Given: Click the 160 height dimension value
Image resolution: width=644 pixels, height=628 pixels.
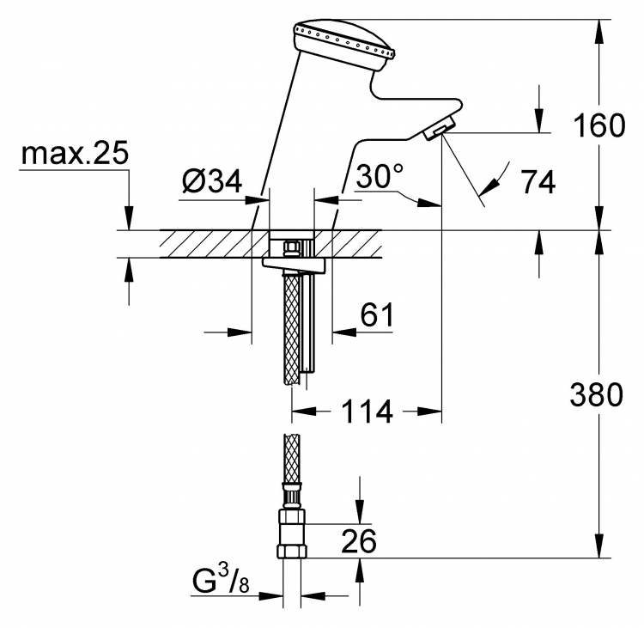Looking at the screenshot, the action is coord(599,125).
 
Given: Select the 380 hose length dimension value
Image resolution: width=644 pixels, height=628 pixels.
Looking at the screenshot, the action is coord(597,394).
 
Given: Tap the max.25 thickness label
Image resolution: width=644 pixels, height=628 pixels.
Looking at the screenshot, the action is coord(76,153).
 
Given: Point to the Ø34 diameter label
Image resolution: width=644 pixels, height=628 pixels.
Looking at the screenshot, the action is coord(212,180).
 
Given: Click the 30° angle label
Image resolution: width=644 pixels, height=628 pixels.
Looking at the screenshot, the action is coord(380,176).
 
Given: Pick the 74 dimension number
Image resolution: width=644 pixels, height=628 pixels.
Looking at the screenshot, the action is coord(538,181).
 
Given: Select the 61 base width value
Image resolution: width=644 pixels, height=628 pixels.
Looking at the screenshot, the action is coord(377,314).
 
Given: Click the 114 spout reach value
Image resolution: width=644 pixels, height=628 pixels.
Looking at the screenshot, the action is coord(368,412).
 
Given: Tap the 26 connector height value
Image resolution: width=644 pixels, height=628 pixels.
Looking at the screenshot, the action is coord(359,541).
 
